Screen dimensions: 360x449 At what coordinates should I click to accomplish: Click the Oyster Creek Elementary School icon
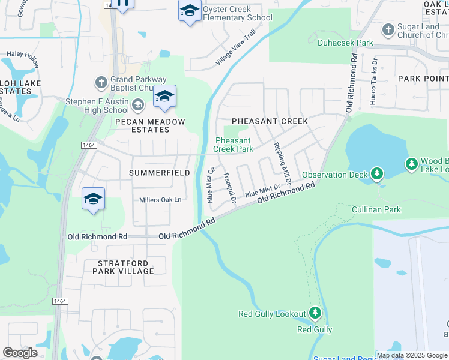(x=190, y=11)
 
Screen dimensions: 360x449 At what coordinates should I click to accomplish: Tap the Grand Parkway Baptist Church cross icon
(x=101, y=81)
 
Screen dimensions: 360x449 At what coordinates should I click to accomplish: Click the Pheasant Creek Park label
(x=234, y=145)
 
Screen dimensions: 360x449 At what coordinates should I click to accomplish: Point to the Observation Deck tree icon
(x=376, y=174)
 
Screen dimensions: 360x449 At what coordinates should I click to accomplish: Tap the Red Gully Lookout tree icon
(x=315, y=313)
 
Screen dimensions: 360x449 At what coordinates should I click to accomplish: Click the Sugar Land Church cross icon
(x=388, y=29)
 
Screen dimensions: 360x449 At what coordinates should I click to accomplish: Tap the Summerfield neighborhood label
(x=160, y=173)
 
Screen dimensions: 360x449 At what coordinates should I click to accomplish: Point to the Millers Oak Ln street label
(x=160, y=200)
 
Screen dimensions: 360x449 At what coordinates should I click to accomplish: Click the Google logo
(x=20, y=353)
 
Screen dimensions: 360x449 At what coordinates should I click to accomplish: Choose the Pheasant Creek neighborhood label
(x=270, y=121)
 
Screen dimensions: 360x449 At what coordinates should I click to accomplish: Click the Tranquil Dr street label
(x=229, y=187)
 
